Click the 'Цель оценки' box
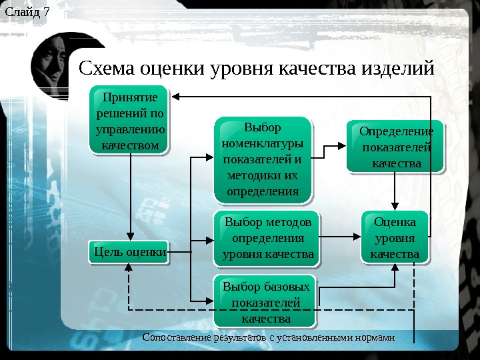tap(129, 252)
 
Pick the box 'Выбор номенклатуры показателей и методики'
tap(262, 159)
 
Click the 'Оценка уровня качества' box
tap(395, 237)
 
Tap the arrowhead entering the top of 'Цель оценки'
tap(131, 237)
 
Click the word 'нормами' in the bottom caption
tap(373, 337)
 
